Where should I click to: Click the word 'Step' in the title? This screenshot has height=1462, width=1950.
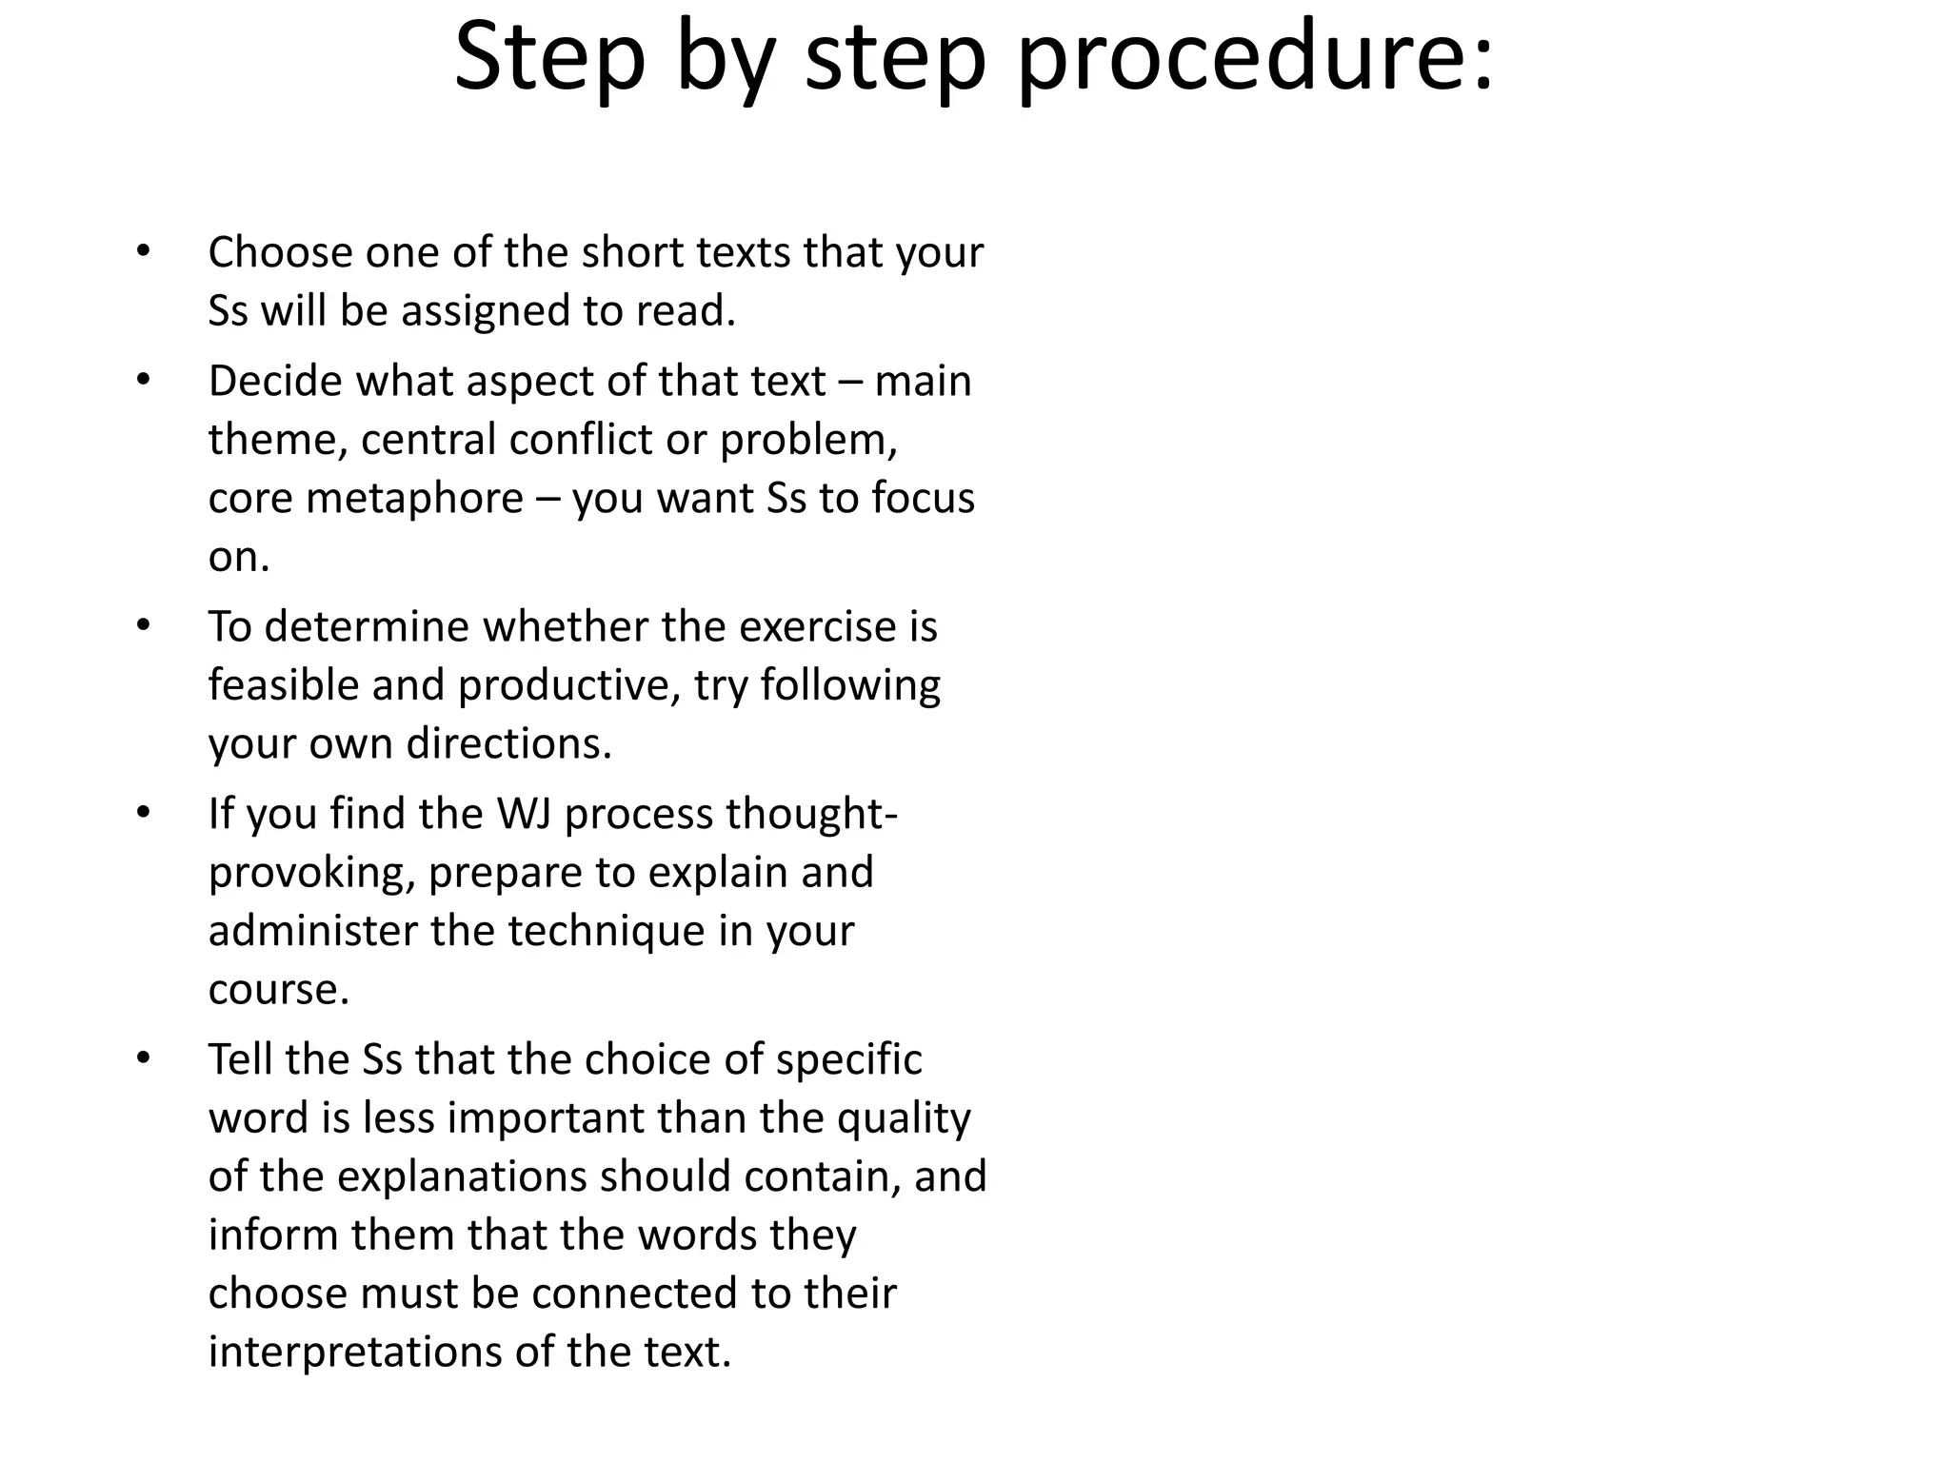click(x=550, y=59)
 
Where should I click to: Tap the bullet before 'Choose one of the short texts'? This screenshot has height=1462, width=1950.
click(x=143, y=252)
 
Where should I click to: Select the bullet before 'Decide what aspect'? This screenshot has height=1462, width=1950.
click(x=143, y=381)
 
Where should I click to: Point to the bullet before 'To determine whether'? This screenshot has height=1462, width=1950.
click(x=143, y=626)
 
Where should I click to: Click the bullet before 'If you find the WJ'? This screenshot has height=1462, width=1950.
click(x=143, y=814)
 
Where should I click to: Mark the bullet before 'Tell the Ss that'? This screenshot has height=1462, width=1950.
click(x=143, y=1058)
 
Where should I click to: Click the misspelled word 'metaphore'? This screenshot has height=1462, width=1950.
click(x=414, y=498)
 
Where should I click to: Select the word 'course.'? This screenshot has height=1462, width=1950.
click(x=279, y=989)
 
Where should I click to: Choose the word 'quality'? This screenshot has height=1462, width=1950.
click(x=904, y=1118)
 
